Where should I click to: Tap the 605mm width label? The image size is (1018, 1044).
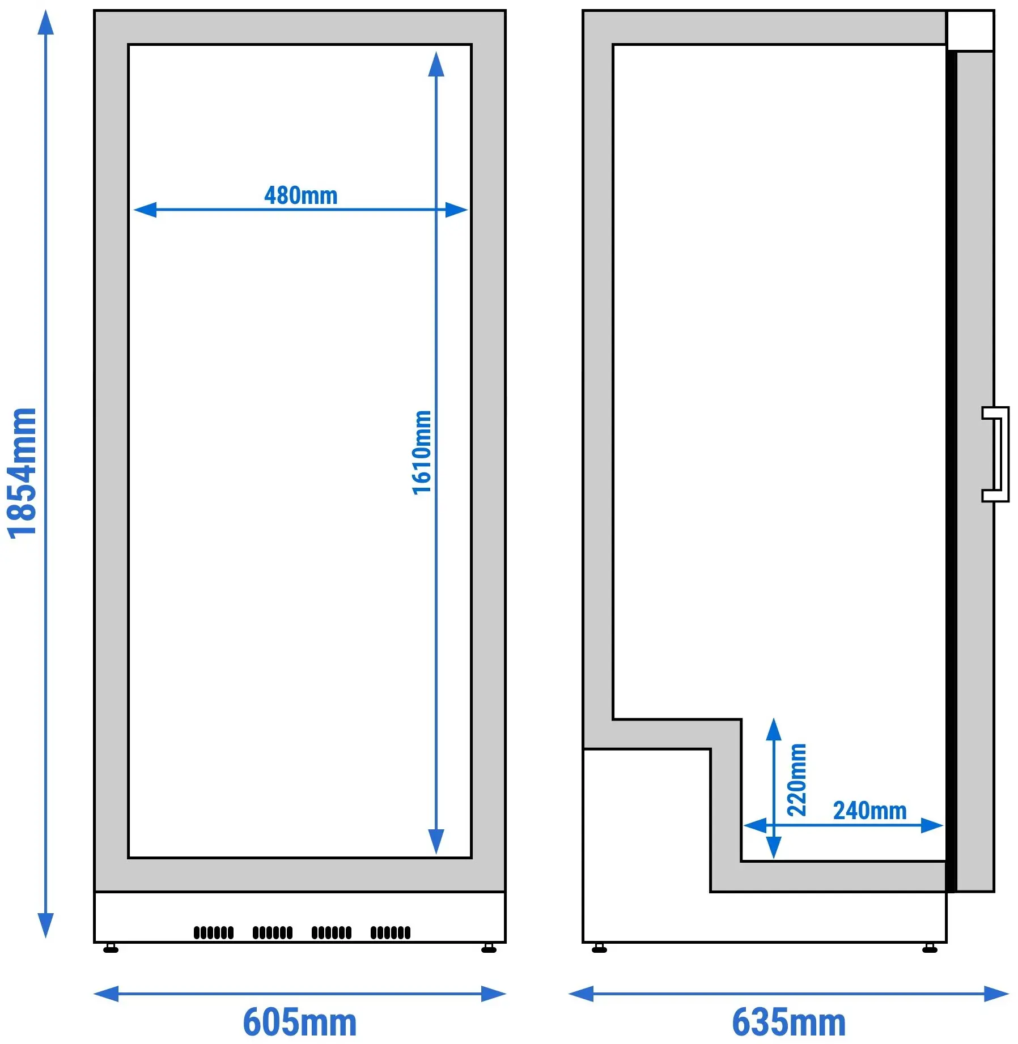(x=300, y=1022)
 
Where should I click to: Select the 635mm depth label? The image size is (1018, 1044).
(x=788, y=1022)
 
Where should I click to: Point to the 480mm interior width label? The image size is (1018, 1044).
(x=300, y=195)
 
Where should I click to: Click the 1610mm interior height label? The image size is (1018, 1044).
(x=422, y=453)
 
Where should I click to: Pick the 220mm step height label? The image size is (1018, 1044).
(x=796, y=779)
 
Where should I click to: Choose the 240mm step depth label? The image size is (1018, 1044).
(x=869, y=811)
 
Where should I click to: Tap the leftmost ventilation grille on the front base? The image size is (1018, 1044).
(x=214, y=932)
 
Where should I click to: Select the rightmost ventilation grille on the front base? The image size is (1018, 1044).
(x=391, y=932)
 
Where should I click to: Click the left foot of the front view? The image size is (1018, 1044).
(x=111, y=948)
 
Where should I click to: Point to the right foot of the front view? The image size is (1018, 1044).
(x=489, y=948)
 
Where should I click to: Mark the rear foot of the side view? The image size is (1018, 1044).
(x=599, y=948)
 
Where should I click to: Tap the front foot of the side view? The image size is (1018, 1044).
(x=930, y=948)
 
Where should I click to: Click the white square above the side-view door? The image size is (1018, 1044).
(x=970, y=31)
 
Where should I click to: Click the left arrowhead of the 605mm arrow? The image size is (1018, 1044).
(x=106, y=994)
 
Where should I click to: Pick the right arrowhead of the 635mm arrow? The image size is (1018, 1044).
(x=996, y=994)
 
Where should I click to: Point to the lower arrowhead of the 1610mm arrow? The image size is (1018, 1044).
(x=436, y=842)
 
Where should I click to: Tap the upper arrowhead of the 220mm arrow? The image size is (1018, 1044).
(x=774, y=730)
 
